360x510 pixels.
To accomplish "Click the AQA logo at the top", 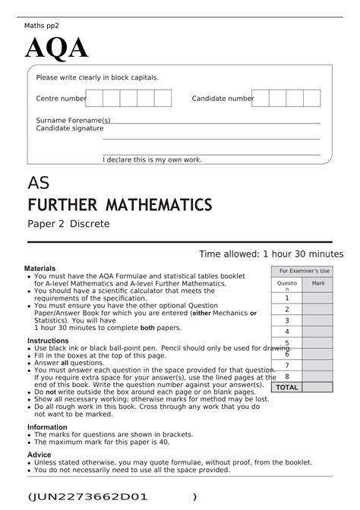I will coord(57,49).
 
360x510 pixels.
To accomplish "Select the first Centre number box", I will coord(94,98).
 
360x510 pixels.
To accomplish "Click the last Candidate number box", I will coord(312,98).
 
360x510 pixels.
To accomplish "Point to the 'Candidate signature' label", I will coord(70,128).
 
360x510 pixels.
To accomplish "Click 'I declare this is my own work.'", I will coord(152,159).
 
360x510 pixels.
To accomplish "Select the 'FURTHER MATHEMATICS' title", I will coord(119,205).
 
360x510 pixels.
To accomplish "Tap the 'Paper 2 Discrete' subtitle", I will coord(68,224).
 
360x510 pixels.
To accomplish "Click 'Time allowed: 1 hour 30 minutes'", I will coord(271,253).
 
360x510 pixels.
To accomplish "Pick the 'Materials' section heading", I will coord(39,269).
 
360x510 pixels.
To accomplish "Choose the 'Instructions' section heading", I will coord(48,341).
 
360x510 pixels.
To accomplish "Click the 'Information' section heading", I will coord(47,427).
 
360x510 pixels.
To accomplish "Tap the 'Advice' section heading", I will coord(39,454).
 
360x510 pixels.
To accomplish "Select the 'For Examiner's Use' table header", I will coord(304,271).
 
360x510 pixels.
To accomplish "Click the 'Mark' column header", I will coord(318,283).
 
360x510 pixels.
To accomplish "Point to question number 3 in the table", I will coord(287,320).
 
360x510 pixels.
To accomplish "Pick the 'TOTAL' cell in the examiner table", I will coord(287,387).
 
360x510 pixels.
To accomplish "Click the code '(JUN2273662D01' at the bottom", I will coord(87,496).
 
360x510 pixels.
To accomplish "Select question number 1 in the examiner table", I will coord(287,298).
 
